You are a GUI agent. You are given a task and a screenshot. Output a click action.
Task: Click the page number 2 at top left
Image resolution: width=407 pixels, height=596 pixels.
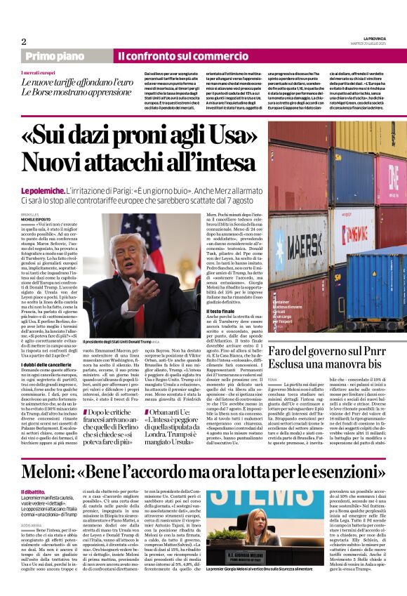click(24, 41)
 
